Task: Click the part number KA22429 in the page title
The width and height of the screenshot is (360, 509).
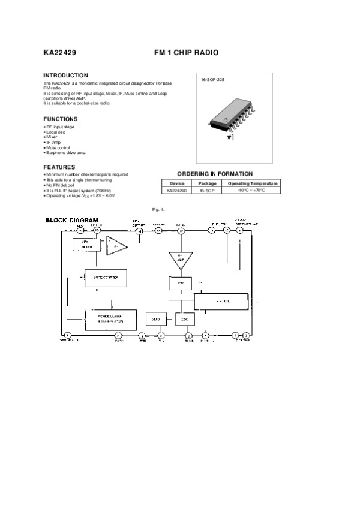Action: point(59,53)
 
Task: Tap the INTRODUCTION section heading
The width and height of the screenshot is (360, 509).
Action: point(66,76)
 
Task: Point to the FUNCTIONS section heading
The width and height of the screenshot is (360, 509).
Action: point(61,119)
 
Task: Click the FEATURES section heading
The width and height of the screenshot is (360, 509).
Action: point(59,167)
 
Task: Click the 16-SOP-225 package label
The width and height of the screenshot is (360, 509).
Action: point(212,80)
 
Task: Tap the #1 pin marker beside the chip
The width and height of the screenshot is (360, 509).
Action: point(230,137)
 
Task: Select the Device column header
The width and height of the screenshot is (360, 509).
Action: point(177,183)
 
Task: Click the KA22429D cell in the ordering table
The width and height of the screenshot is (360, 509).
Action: point(177,190)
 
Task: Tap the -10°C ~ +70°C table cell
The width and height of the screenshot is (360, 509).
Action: point(251,190)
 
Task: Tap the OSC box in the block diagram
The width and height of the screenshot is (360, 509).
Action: point(184,319)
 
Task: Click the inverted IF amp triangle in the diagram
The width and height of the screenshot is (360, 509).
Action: point(179,259)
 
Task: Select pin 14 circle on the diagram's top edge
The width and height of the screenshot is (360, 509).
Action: point(139,231)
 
